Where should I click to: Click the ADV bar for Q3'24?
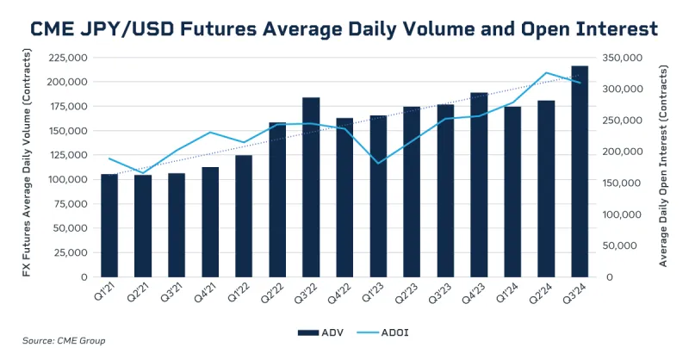point(580,172)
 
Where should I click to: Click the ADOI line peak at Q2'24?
point(546,73)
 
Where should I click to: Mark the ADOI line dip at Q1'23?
point(378,163)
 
